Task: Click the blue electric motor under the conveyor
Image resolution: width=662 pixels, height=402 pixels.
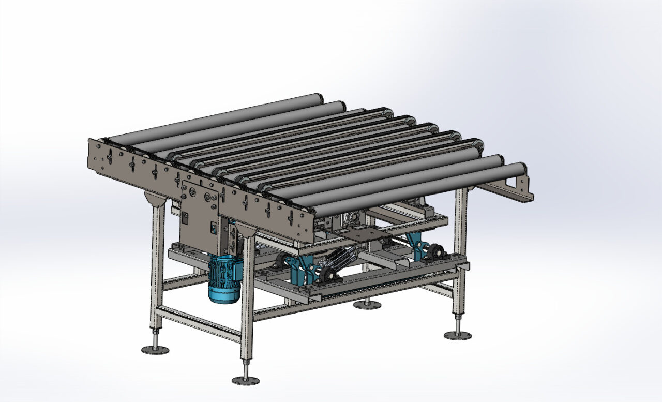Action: pos(224,279)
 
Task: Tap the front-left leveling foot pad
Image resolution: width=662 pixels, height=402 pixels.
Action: pos(155,350)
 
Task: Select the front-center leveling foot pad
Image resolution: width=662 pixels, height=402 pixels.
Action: pos(246,380)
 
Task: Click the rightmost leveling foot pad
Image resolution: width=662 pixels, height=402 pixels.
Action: pos(458,335)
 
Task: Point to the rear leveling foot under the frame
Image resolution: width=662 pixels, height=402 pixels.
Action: pos(367,305)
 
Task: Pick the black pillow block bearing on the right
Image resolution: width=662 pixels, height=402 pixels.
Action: pos(435,254)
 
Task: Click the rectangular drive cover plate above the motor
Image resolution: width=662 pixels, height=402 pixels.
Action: pos(199,212)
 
